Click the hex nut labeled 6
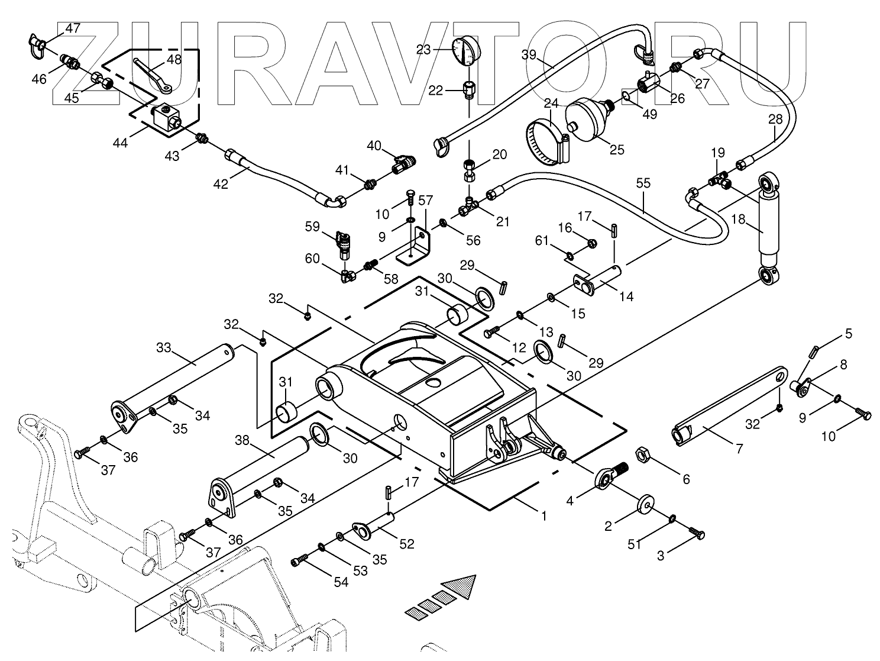[643, 456]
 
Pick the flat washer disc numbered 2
[645, 503]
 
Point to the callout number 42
[221, 185]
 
